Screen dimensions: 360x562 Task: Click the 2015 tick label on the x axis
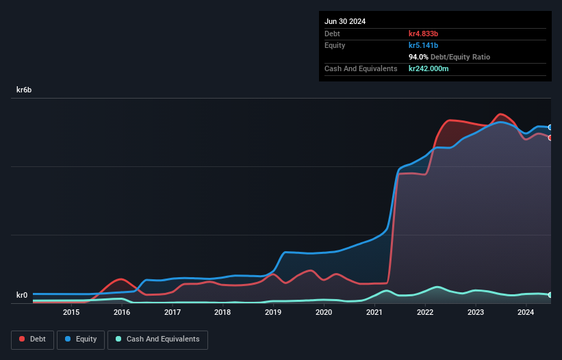[71, 313]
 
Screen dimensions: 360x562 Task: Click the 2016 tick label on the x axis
[122, 313]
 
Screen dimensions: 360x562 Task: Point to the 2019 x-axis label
[273, 313]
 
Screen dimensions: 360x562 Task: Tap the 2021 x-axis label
[374, 313]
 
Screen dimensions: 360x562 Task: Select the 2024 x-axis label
[526, 313]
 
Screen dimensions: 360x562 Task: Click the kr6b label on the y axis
[24, 90]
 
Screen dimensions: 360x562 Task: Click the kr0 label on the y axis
[23, 296]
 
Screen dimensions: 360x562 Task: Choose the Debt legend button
[34, 339]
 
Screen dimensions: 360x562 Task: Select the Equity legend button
[81, 339]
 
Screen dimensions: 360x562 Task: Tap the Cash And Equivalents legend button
[157, 339]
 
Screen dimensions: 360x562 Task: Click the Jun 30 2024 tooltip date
[345, 21]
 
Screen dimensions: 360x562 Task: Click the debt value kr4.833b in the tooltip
[428, 34]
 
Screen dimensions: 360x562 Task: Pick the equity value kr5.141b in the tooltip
[428, 45]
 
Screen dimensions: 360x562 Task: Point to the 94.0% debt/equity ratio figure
[419, 57]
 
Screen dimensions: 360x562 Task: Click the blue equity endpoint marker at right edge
[550, 127]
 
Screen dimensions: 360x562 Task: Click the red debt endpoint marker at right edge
[550, 138]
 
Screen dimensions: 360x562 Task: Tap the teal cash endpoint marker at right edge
[550, 295]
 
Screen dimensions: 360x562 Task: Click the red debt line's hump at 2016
[121, 279]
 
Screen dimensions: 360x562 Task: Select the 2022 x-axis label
[425, 313]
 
